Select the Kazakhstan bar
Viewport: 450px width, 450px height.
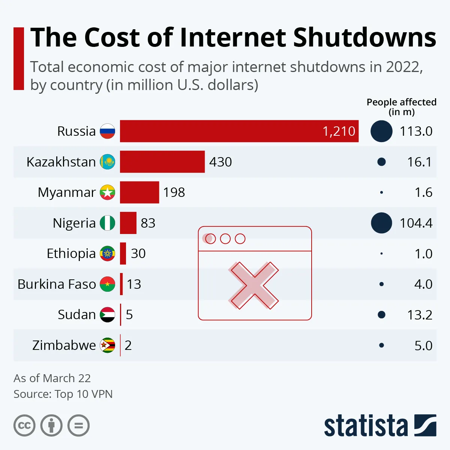[162, 162]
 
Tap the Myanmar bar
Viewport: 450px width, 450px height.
[139, 192]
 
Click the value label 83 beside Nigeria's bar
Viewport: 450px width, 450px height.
[148, 223]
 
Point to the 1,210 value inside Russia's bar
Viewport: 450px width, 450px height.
[339, 131]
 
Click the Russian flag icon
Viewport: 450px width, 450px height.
[107, 131]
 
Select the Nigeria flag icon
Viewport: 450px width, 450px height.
[107, 223]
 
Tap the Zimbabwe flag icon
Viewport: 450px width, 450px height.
[107, 345]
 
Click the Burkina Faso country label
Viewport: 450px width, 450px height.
[57, 284]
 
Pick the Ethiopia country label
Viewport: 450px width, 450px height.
[71, 253]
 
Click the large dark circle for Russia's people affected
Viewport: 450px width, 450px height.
[381, 131]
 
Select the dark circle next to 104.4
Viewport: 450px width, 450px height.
[381, 223]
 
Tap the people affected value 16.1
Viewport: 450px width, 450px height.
[419, 162]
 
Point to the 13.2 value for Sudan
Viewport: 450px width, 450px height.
[419, 315]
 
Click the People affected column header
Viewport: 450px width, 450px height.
[401, 107]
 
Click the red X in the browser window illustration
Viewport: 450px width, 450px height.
[254, 285]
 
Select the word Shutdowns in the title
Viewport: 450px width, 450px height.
[364, 37]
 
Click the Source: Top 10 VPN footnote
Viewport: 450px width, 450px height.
[63, 394]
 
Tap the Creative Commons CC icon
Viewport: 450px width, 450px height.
[24, 426]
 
